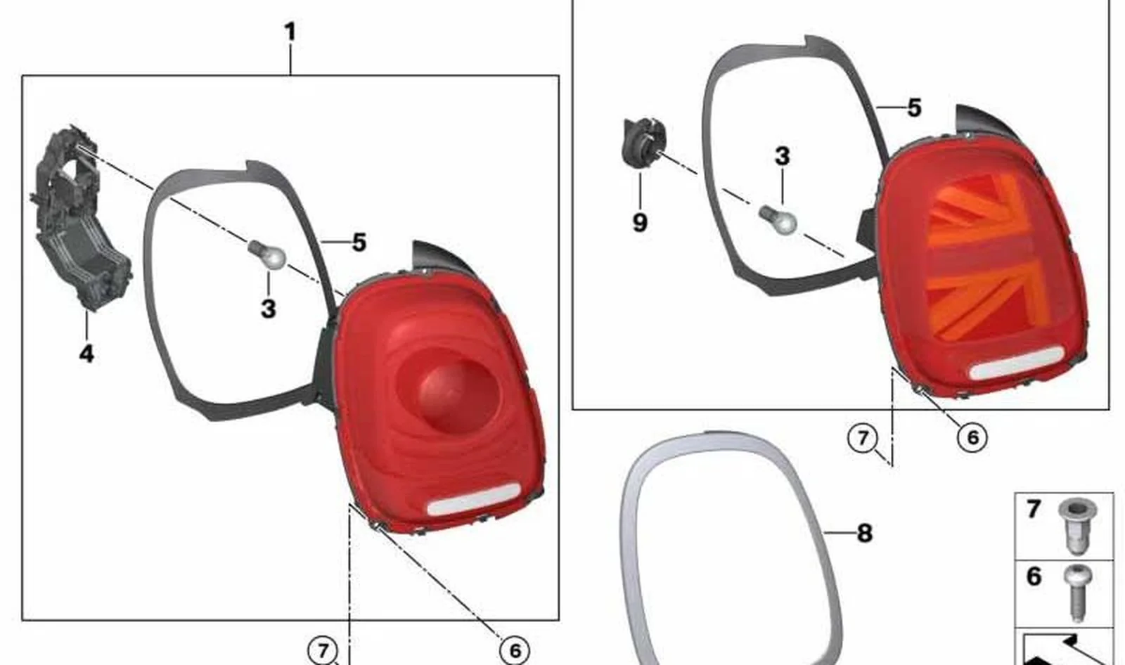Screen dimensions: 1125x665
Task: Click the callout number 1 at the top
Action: tap(290, 32)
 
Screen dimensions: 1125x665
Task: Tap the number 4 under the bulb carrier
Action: tap(86, 354)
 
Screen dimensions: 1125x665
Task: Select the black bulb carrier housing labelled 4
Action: tap(79, 218)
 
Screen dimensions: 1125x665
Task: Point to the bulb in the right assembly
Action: tap(778, 220)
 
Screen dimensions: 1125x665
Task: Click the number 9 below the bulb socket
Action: tap(640, 222)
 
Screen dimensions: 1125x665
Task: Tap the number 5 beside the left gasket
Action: tap(359, 242)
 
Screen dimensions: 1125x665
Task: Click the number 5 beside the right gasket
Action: tap(915, 108)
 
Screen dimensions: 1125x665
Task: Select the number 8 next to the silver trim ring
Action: tap(865, 533)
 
